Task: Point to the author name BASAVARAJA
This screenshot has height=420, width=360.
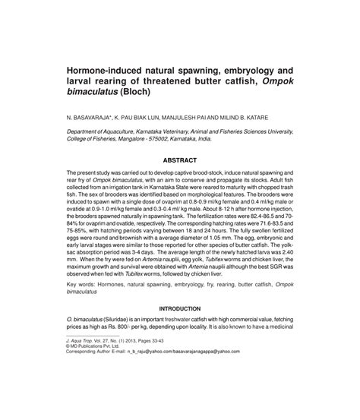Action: pos(92,118)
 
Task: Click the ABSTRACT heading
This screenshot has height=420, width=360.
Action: pos(179,161)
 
